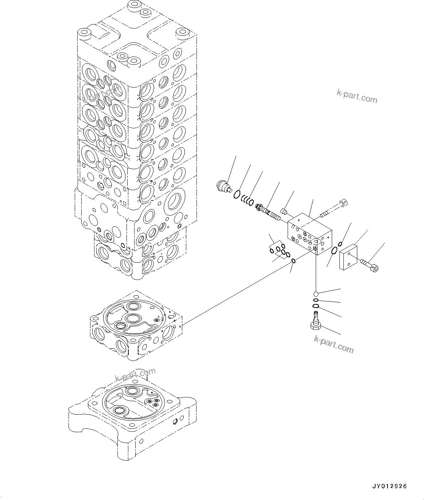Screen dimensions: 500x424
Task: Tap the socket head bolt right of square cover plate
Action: (370, 265)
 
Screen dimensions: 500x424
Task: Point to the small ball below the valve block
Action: (316, 293)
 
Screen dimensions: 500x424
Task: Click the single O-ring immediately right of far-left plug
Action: (237, 194)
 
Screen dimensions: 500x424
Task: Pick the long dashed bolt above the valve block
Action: (334, 207)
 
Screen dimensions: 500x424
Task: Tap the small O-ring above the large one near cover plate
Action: (340, 244)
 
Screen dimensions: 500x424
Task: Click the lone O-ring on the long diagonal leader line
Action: (293, 260)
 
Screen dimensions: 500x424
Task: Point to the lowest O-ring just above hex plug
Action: (316, 306)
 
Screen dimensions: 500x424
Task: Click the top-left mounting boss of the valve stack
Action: (85, 34)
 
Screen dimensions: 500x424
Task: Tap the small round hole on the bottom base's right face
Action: (175, 422)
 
